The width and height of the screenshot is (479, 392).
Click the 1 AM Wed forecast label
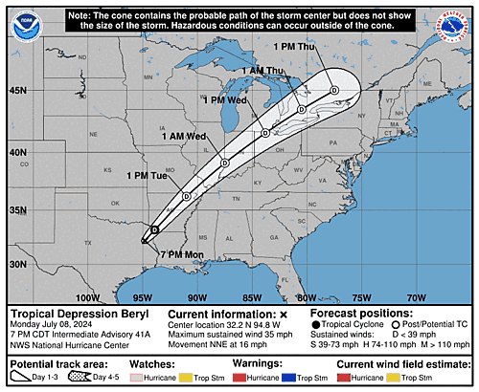click(x=183, y=136)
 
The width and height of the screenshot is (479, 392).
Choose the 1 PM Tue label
click(x=148, y=176)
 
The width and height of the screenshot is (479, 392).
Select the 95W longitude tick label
click(x=144, y=297)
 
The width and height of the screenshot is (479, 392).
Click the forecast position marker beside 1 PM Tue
click(x=187, y=196)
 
